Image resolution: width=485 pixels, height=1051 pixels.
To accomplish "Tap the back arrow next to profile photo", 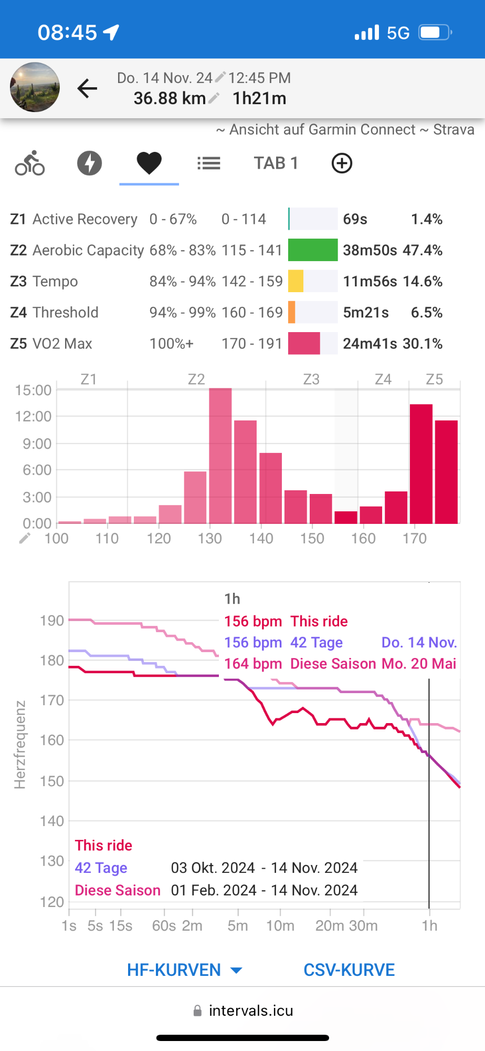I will click(87, 88).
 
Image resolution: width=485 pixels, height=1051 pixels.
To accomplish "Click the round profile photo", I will click(35, 87).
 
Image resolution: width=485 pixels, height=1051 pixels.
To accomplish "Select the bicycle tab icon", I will click(30, 163).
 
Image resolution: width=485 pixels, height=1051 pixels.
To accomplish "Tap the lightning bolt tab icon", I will click(90, 163).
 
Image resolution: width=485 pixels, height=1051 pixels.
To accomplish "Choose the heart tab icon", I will click(149, 163).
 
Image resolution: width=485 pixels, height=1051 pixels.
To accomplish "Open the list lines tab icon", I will click(209, 163).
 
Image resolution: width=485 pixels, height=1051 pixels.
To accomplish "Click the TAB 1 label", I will click(276, 163).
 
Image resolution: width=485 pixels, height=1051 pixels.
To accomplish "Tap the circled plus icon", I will click(342, 163).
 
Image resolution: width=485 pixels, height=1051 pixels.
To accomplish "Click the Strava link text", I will click(454, 129).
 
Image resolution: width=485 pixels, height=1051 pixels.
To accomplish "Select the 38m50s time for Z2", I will click(370, 250).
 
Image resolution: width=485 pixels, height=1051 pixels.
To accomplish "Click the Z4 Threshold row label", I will click(54, 313).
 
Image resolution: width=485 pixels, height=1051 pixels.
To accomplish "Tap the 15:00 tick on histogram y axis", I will click(34, 390).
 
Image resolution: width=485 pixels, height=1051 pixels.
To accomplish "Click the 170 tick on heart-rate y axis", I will click(51, 700).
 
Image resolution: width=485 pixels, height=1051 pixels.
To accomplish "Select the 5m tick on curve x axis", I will click(238, 925).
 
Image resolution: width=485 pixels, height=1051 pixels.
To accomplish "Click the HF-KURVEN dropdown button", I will click(184, 970).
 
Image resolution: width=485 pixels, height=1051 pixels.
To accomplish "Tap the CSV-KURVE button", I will click(349, 970).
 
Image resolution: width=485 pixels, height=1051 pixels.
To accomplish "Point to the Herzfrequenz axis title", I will click(20, 745).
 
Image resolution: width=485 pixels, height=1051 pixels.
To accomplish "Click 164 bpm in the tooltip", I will click(253, 664).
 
